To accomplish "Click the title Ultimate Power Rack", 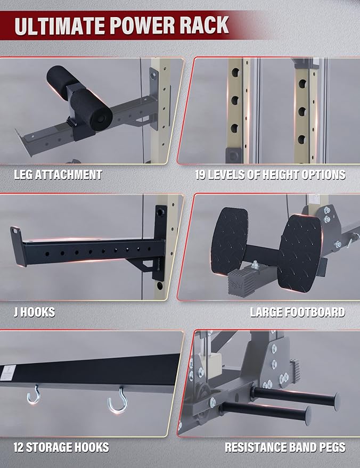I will pyautogui.click(x=122, y=26).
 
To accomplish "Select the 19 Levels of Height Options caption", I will pyautogui.click(x=270, y=175).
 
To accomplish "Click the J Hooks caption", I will pyautogui.click(x=34, y=312).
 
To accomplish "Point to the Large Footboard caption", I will pyautogui.click(x=297, y=312).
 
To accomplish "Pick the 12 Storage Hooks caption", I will pyautogui.click(x=61, y=447).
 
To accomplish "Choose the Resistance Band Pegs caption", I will pyautogui.click(x=284, y=447).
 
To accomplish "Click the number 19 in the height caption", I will pyautogui.click(x=201, y=175).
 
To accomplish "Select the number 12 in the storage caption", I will pyautogui.click(x=20, y=447).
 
